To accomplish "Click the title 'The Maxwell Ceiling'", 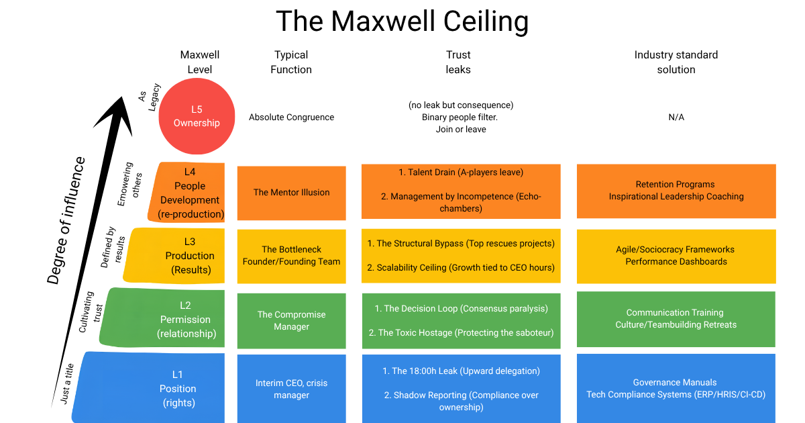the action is [402, 21].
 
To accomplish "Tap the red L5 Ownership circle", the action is [197, 116].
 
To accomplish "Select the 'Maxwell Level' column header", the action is [199, 62].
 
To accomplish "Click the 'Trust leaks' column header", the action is [458, 62].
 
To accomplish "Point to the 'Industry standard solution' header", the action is [676, 62].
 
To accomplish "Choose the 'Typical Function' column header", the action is [291, 62].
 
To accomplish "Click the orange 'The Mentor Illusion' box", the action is [291, 193].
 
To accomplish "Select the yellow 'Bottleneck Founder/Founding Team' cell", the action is [291, 256].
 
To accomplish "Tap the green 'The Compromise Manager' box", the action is [291, 320].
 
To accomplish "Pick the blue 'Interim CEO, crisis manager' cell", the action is [291, 389].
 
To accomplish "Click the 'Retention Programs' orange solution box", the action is [676, 191].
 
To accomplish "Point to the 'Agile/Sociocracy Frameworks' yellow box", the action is [676, 256].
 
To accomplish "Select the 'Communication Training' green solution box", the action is [676, 319].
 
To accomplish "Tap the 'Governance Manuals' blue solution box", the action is [676, 389].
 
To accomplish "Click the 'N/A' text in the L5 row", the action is [676, 117].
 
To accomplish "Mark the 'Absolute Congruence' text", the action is [291, 117].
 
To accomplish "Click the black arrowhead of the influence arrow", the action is [115, 114].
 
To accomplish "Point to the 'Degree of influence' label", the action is [66, 220].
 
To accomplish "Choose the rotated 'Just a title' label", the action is [67, 383].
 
